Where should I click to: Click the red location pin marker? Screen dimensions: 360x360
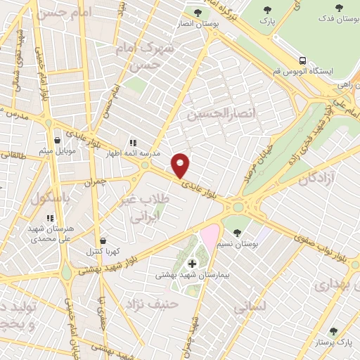[x=181, y=165]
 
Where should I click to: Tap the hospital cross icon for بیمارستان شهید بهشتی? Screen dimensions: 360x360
[x=193, y=264]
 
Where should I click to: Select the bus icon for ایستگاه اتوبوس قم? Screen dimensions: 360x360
[x=302, y=60]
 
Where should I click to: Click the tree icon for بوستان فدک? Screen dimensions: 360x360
[x=340, y=8]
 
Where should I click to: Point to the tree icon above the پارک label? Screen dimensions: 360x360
[x=267, y=10]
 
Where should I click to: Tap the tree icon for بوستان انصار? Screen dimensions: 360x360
[x=199, y=13]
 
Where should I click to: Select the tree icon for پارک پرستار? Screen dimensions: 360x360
[x=333, y=331]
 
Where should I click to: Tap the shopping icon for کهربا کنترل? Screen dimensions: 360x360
[x=103, y=240]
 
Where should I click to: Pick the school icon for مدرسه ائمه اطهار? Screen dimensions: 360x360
[x=132, y=142]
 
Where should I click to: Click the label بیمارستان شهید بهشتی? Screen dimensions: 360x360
[x=192, y=275]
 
